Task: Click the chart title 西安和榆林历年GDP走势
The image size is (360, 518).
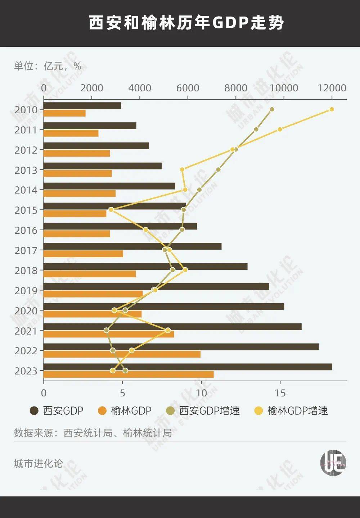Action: coord(186,23)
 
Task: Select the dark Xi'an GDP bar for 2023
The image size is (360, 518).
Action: coord(187,367)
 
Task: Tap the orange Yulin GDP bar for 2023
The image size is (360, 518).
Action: coord(129,374)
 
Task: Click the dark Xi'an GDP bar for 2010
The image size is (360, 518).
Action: coord(82,106)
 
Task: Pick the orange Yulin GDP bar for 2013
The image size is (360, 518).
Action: coord(78,173)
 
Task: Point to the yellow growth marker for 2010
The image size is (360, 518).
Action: coord(332,109)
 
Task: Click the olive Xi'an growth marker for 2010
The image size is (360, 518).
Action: coord(272,109)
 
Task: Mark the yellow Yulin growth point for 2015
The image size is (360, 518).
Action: coord(111,210)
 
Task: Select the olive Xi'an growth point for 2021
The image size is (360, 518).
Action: coord(106,330)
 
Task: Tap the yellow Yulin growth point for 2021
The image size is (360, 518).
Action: coord(168,330)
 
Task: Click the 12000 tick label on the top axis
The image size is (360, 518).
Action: coord(332,88)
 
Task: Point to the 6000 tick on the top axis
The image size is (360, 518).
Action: coord(188,88)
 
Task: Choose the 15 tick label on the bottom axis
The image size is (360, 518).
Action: coord(280,393)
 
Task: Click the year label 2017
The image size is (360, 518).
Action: coord(26,250)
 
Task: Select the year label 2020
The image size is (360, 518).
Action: coord(26,311)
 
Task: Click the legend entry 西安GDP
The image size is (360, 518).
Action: coord(57,411)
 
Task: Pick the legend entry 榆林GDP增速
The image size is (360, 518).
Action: coord(291,411)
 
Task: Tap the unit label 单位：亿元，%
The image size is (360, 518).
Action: coord(48,66)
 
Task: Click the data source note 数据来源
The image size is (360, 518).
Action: coord(93,433)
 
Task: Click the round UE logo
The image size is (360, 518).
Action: coord(333,463)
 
